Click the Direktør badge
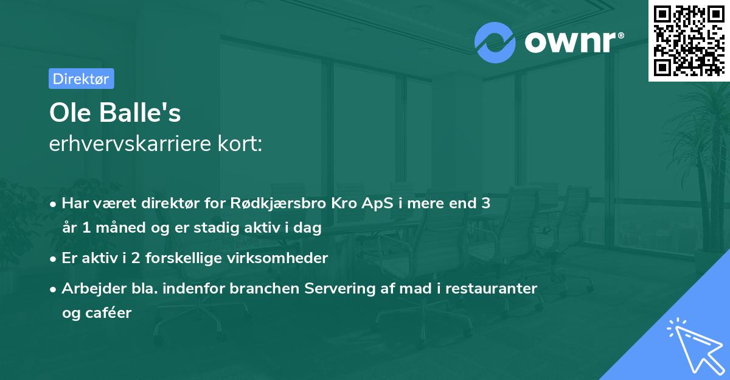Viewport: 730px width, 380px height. click(x=81, y=79)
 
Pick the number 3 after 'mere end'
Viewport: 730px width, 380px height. click(x=485, y=203)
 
